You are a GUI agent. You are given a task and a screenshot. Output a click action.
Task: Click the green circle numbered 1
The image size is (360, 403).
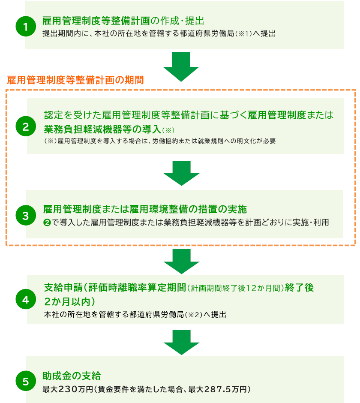point(25,27)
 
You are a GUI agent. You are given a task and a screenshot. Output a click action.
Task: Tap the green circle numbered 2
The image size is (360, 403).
point(25,126)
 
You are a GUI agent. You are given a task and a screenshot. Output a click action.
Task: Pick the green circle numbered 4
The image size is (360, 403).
point(25,299)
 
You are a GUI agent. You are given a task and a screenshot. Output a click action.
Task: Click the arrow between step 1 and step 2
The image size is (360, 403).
point(181,66)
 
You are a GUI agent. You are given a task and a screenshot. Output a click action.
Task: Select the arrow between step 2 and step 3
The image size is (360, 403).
point(181,173)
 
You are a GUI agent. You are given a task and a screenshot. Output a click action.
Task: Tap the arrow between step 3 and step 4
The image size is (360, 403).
point(181,261)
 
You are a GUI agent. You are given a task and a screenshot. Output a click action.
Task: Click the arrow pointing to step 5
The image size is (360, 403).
point(181,342)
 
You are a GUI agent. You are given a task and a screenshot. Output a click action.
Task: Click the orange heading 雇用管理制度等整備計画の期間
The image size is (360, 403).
point(75,80)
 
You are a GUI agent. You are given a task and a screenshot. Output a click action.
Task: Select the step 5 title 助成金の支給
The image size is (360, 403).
point(72,376)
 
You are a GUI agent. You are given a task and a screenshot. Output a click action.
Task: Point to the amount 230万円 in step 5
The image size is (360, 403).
point(76,390)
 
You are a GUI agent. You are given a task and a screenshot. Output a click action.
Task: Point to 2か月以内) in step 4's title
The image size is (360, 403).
point(69,300)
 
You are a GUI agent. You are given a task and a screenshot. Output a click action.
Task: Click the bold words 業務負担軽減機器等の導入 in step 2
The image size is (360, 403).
point(102,129)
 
